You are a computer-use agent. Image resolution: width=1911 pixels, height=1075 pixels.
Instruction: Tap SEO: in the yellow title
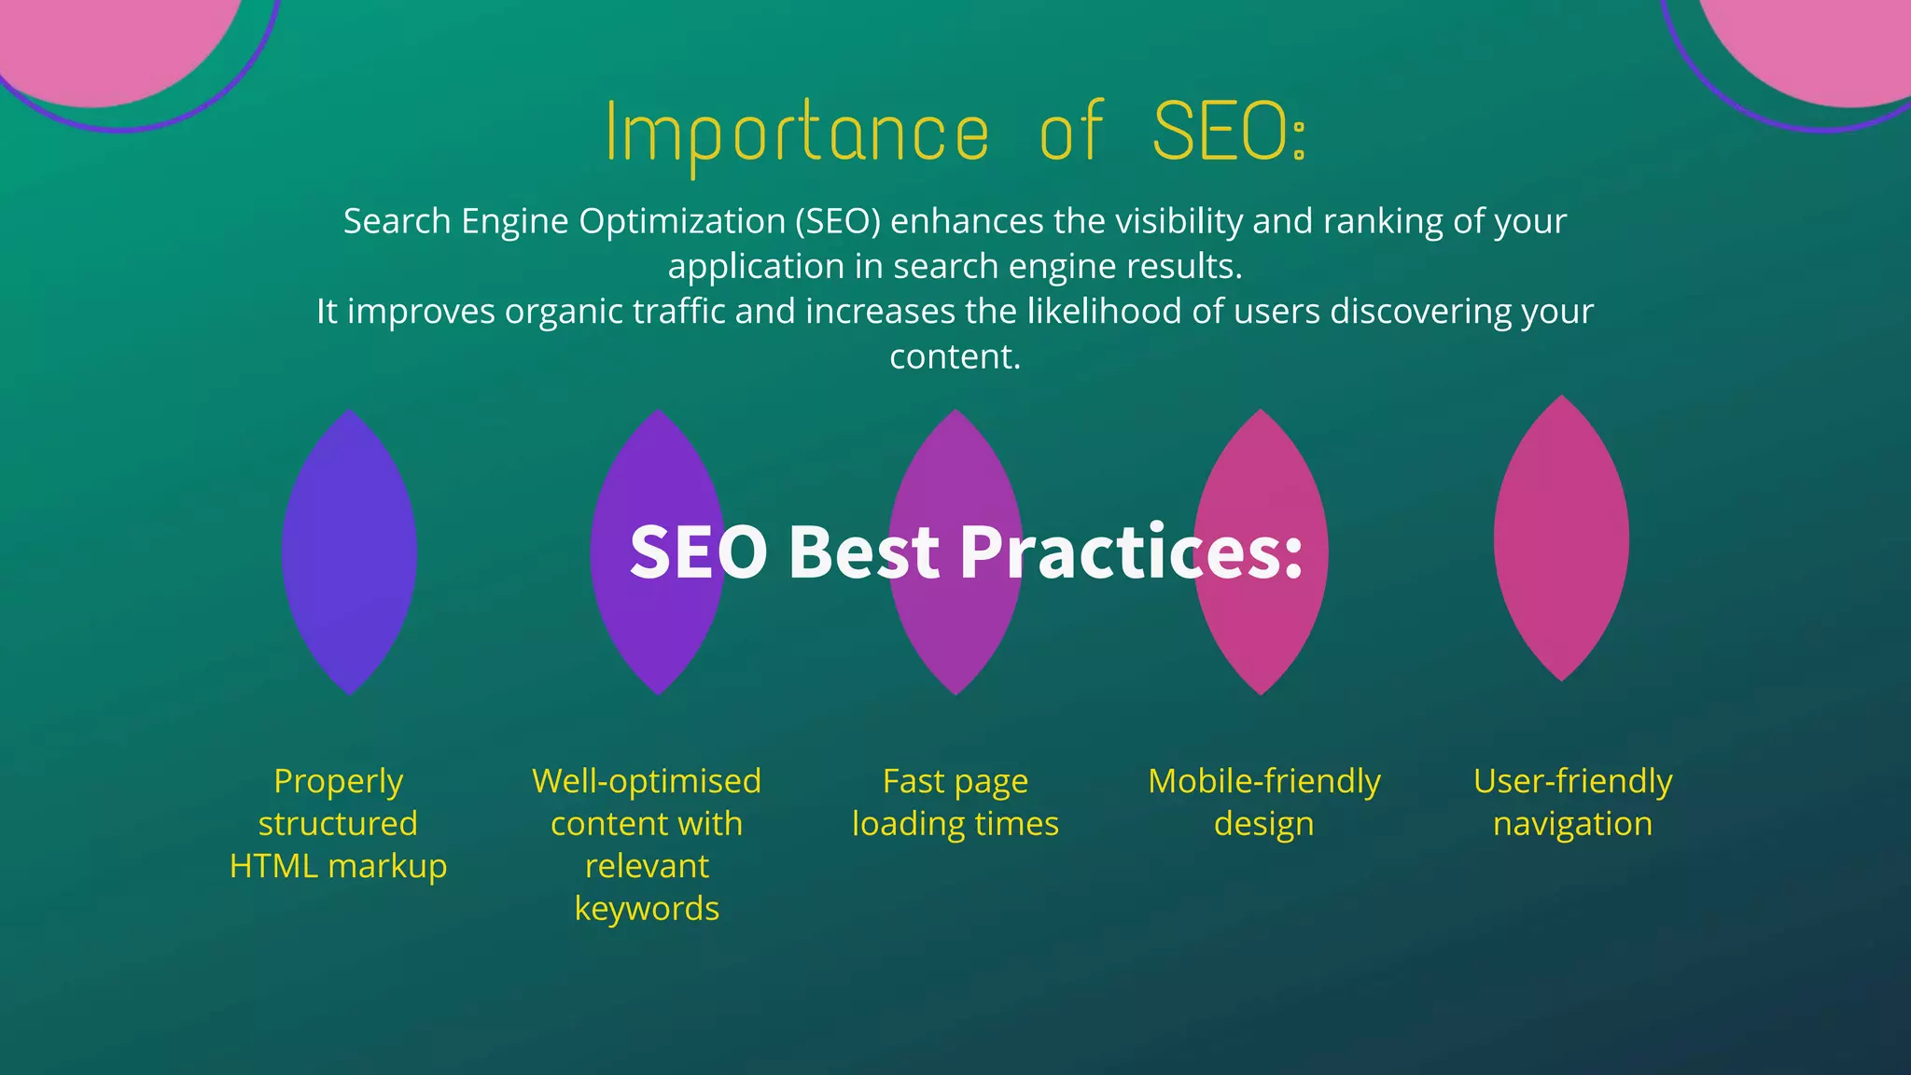point(1229,133)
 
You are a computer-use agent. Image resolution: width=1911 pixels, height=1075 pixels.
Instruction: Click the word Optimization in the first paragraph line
point(682,222)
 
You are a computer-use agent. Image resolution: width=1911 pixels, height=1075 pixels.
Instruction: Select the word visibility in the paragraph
point(1179,222)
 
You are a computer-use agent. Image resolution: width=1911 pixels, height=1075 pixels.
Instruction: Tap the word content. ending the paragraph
point(955,356)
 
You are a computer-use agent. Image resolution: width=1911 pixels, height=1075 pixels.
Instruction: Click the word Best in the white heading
point(864,552)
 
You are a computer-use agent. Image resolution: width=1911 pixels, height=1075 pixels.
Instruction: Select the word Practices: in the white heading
point(1131,552)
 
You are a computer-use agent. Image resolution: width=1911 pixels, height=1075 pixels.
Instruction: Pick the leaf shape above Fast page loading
point(955,644)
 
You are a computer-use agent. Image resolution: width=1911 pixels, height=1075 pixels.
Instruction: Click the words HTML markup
point(338,866)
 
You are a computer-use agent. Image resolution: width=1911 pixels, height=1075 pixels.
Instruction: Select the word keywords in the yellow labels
point(647,909)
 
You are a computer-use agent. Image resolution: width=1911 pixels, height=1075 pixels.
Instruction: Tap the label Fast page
point(955,781)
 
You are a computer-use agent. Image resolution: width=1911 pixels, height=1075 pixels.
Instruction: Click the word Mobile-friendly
point(1263,781)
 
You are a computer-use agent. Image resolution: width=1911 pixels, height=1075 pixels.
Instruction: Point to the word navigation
point(1572,824)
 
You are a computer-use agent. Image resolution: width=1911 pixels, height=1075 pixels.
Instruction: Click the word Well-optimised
point(647,781)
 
